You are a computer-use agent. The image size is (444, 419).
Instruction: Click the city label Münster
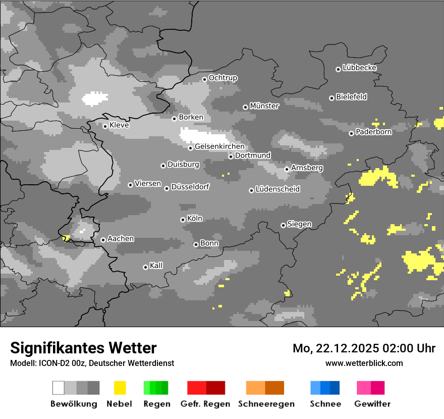pyautogui.click(x=264, y=106)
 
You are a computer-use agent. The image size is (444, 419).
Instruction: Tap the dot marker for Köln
pyautogui.click(x=183, y=220)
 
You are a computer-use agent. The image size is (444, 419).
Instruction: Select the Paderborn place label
pyautogui.click(x=374, y=132)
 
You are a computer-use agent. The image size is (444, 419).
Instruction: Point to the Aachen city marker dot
pyautogui.click(x=103, y=240)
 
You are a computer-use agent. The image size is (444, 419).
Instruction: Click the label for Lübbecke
pyautogui.click(x=360, y=68)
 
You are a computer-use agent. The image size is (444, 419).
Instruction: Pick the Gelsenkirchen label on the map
pyautogui.click(x=219, y=147)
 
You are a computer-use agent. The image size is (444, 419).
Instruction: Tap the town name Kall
pyautogui.click(x=156, y=266)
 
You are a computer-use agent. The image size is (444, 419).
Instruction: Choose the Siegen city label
pyautogui.click(x=300, y=224)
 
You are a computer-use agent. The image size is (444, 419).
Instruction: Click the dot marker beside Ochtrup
pyautogui.click(x=204, y=79)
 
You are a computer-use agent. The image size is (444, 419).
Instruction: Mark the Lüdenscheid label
pyautogui.click(x=278, y=189)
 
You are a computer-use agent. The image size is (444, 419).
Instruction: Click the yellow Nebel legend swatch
pyautogui.click(x=120, y=388)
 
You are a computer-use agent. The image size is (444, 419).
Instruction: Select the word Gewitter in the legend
pyautogui.click(x=372, y=404)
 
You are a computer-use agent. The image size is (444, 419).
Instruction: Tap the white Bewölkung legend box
pyautogui.click(x=59, y=388)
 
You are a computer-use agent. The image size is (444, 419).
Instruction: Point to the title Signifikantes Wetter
pyautogui.click(x=83, y=348)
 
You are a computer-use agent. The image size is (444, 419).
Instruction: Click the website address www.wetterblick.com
pyautogui.click(x=364, y=363)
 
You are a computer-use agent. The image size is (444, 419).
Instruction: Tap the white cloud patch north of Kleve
pyautogui.click(x=95, y=98)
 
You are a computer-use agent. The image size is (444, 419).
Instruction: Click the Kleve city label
pyautogui.click(x=119, y=125)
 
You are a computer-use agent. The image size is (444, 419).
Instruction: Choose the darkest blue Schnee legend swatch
pyautogui.click(x=335, y=388)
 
